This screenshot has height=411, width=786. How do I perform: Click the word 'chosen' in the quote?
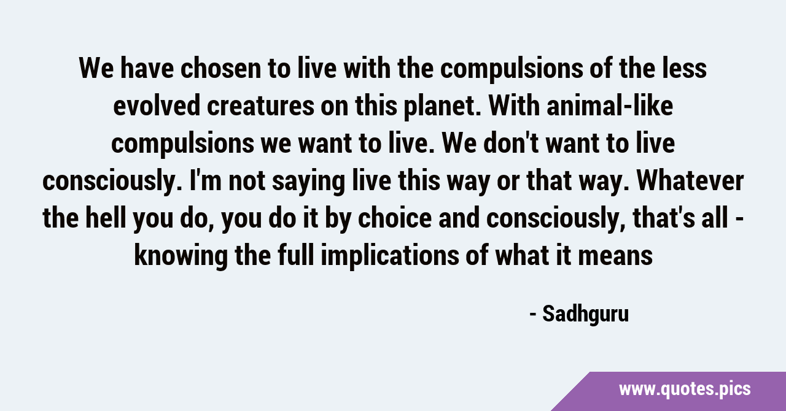pyautogui.click(x=220, y=69)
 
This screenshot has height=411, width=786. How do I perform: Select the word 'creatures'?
pyautogui.click(x=260, y=106)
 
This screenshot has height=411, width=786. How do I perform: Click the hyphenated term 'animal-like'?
pyautogui.click(x=610, y=106)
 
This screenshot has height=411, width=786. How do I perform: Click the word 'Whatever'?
pyautogui.click(x=690, y=181)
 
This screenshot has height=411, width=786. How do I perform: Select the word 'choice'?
pyautogui.click(x=395, y=218)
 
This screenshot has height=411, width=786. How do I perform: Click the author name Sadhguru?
pyautogui.click(x=586, y=315)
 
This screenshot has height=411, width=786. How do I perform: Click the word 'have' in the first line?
pyautogui.click(x=147, y=69)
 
